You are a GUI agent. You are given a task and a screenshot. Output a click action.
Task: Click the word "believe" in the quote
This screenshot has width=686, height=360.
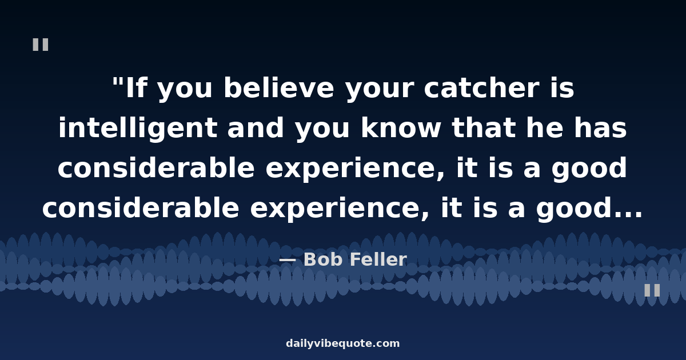coord(279,88)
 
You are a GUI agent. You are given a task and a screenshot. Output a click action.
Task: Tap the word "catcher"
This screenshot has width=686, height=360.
coord(481,88)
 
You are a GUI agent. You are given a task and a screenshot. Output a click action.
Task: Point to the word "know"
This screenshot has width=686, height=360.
coord(401,128)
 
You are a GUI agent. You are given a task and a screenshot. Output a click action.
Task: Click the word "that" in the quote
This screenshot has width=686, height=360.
coord(484,128)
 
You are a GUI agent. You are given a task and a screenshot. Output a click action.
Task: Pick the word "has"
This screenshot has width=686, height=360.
coord(600,128)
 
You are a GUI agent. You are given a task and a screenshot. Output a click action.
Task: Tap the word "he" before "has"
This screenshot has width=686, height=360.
coord(545,128)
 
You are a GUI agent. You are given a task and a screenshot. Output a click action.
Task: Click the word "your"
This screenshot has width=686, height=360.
coord(380,91)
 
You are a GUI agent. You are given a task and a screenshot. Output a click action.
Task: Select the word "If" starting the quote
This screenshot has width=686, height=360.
coord(135,88)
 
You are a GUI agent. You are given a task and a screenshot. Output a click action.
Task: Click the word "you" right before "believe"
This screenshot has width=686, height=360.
coord(185,91)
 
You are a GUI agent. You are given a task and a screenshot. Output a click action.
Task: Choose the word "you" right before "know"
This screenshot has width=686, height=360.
coord(322,131)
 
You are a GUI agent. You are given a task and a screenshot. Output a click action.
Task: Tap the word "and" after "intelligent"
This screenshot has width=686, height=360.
coord(256,128)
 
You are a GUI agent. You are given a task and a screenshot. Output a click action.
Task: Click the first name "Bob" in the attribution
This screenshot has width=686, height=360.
coord(323,259)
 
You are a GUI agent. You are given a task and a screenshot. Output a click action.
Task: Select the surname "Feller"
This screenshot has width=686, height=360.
coord(378,259)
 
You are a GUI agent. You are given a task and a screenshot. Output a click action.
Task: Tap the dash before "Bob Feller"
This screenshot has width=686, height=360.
coord(288,260)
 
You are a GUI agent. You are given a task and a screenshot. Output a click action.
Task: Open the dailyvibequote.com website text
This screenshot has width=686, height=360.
coord(342,343)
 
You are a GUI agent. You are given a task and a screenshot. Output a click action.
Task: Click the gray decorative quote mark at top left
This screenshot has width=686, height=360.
coord(41,45)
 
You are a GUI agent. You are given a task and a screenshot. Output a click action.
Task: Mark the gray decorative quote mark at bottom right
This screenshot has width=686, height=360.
coord(652,290)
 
